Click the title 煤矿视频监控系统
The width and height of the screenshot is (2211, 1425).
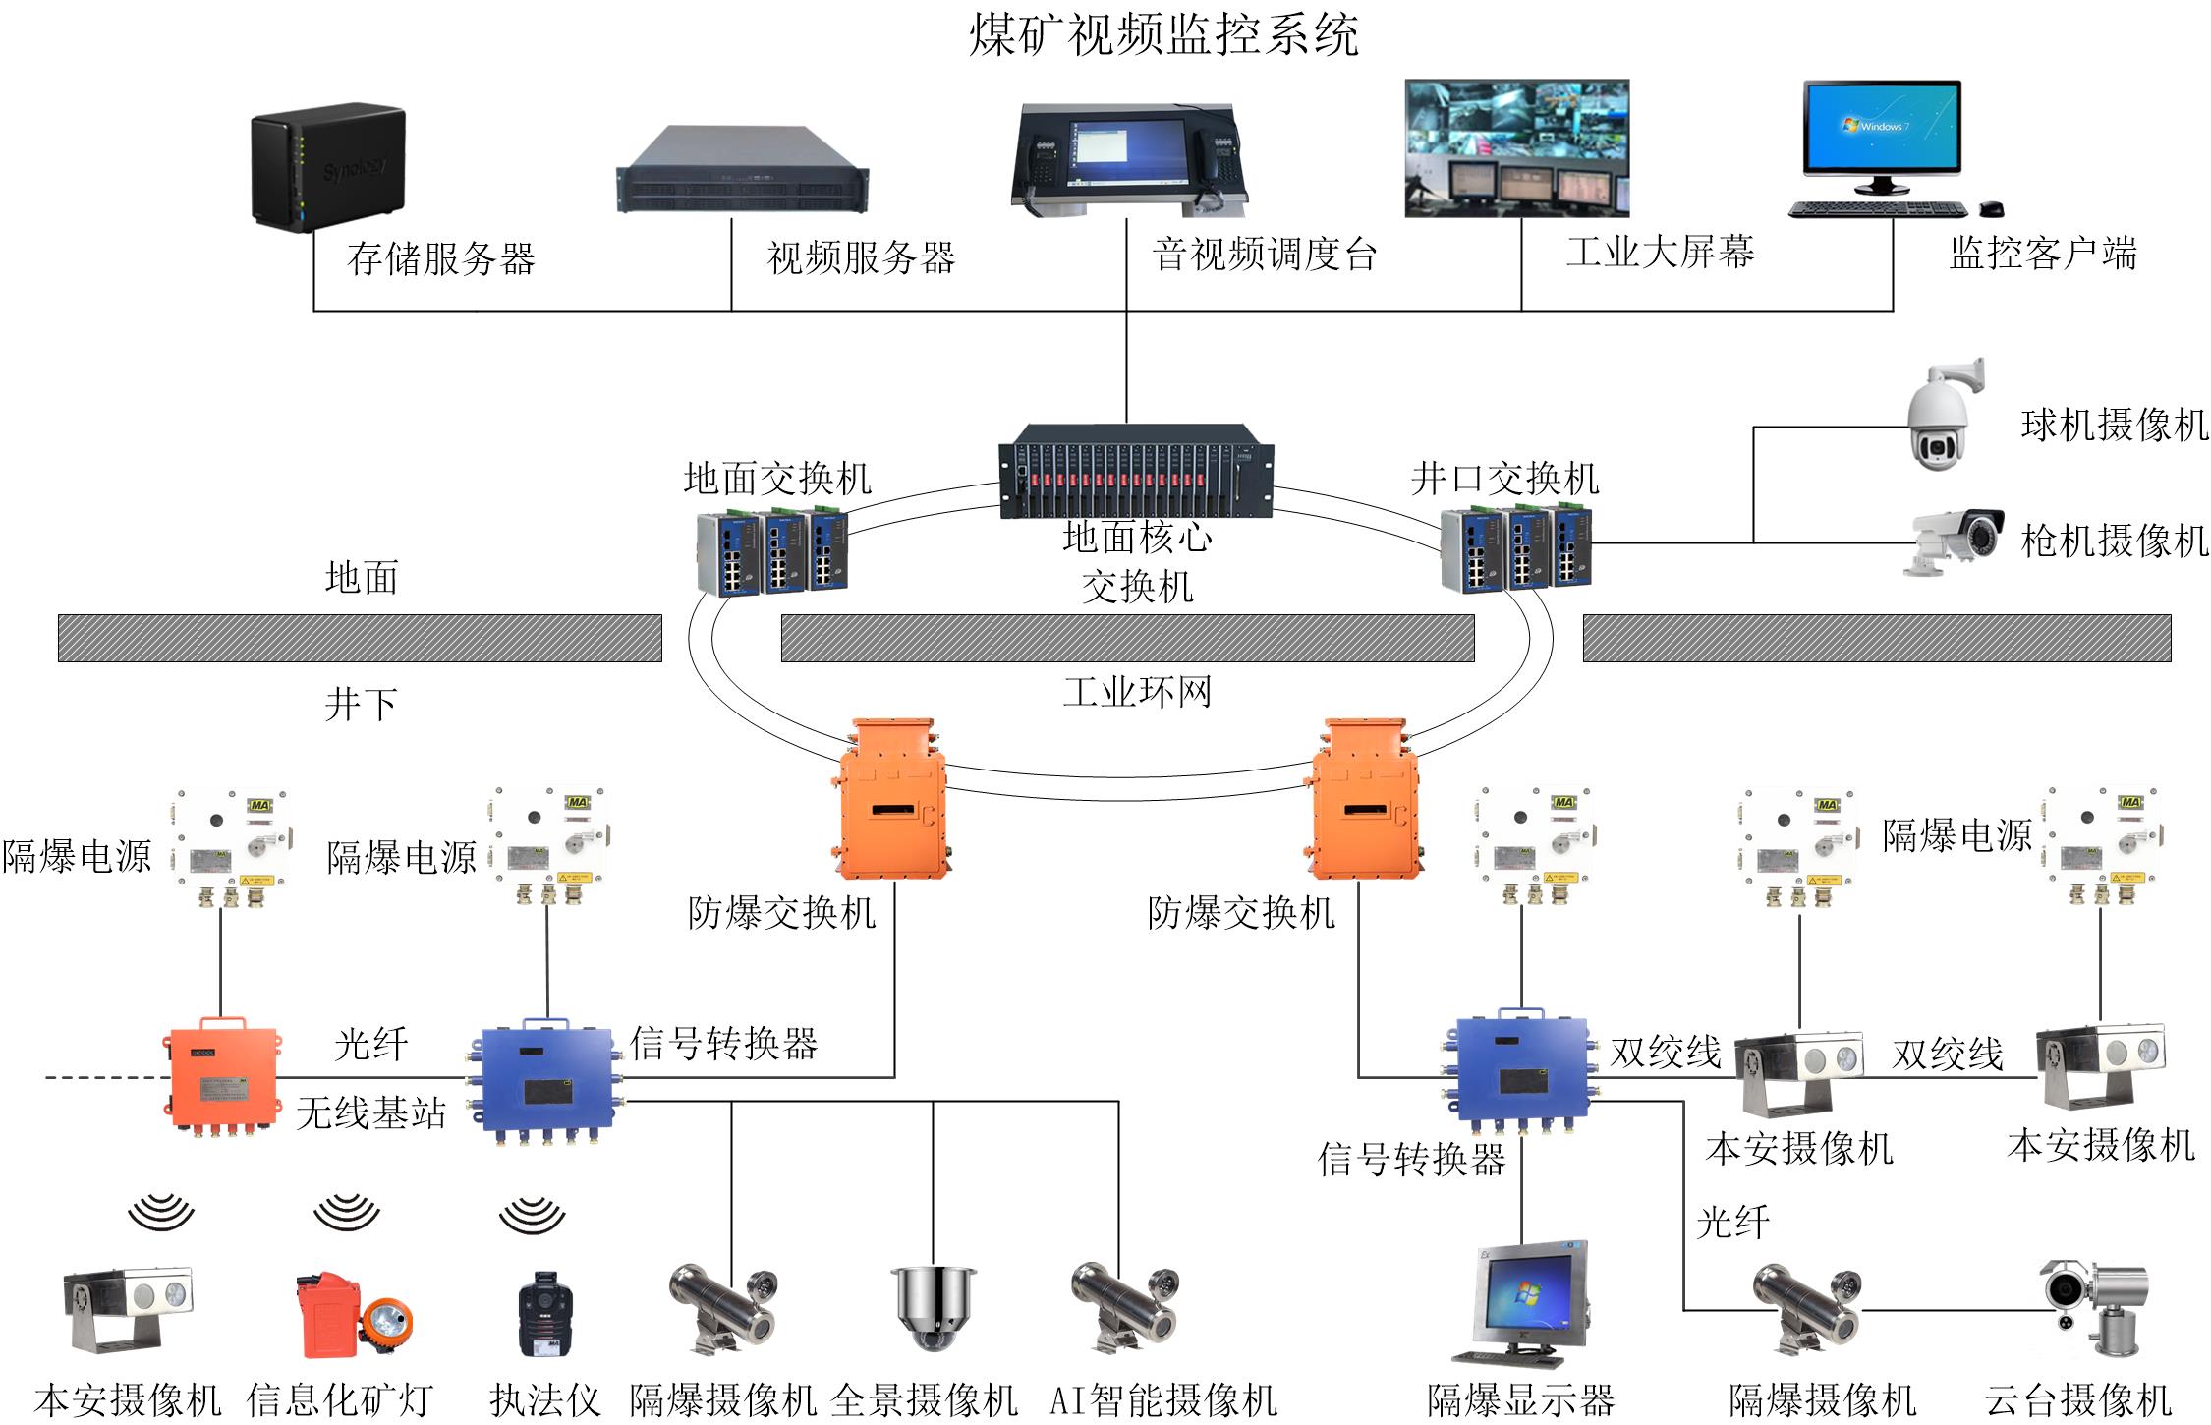(x=1163, y=35)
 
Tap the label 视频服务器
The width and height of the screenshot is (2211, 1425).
(x=861, y=258)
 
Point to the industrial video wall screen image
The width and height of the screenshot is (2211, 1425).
(x=1516, y=147)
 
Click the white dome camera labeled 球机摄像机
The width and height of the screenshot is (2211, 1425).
(x=1942, y=418)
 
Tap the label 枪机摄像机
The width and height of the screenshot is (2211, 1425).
(x=2114, y=541)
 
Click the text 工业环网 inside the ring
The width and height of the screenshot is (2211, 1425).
(x=1137, y=693)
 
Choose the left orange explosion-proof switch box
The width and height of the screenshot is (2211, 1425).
(x=891, y=801)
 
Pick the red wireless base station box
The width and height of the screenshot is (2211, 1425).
(x=220, y=1076)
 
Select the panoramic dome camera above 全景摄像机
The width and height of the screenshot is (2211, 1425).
(x=933, y=1307)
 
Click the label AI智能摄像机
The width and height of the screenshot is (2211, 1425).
(x=1163, y=1399)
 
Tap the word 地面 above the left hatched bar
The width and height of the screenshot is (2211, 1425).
(x=362, y=578)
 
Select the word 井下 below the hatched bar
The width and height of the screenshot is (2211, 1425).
(x=362, y=704)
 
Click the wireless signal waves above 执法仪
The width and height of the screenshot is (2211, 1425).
(x=532, y=1215)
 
